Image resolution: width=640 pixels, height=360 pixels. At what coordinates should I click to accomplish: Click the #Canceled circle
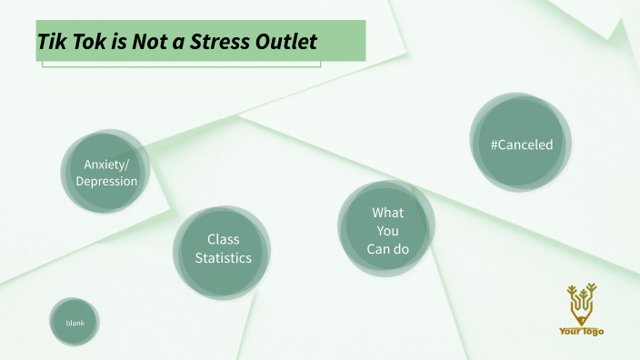[521, 144]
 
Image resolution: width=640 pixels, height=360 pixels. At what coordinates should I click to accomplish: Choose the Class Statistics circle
[223, 249]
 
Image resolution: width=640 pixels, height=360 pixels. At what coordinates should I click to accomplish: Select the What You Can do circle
[387, 230]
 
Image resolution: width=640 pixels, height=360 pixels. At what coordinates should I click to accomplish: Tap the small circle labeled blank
[75, 323]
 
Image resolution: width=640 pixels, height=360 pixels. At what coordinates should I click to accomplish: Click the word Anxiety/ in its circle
[106, 164]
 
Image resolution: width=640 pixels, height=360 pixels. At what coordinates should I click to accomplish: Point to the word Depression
[106, 181]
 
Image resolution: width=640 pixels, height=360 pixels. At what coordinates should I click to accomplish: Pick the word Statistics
[223, 258]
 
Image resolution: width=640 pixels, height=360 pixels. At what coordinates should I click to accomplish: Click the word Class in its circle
[223, 239]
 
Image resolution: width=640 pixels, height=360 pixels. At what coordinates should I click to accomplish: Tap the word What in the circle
[387, 213]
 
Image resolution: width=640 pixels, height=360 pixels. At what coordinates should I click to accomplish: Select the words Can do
[387, 248]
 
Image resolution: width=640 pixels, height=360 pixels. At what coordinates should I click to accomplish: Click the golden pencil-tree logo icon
[581, 304]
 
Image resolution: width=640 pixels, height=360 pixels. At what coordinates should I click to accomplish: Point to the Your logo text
[581, 331]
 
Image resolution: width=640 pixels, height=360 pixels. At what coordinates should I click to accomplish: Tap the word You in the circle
[387, 231]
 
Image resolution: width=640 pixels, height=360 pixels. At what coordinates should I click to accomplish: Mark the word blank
[75, 323]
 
